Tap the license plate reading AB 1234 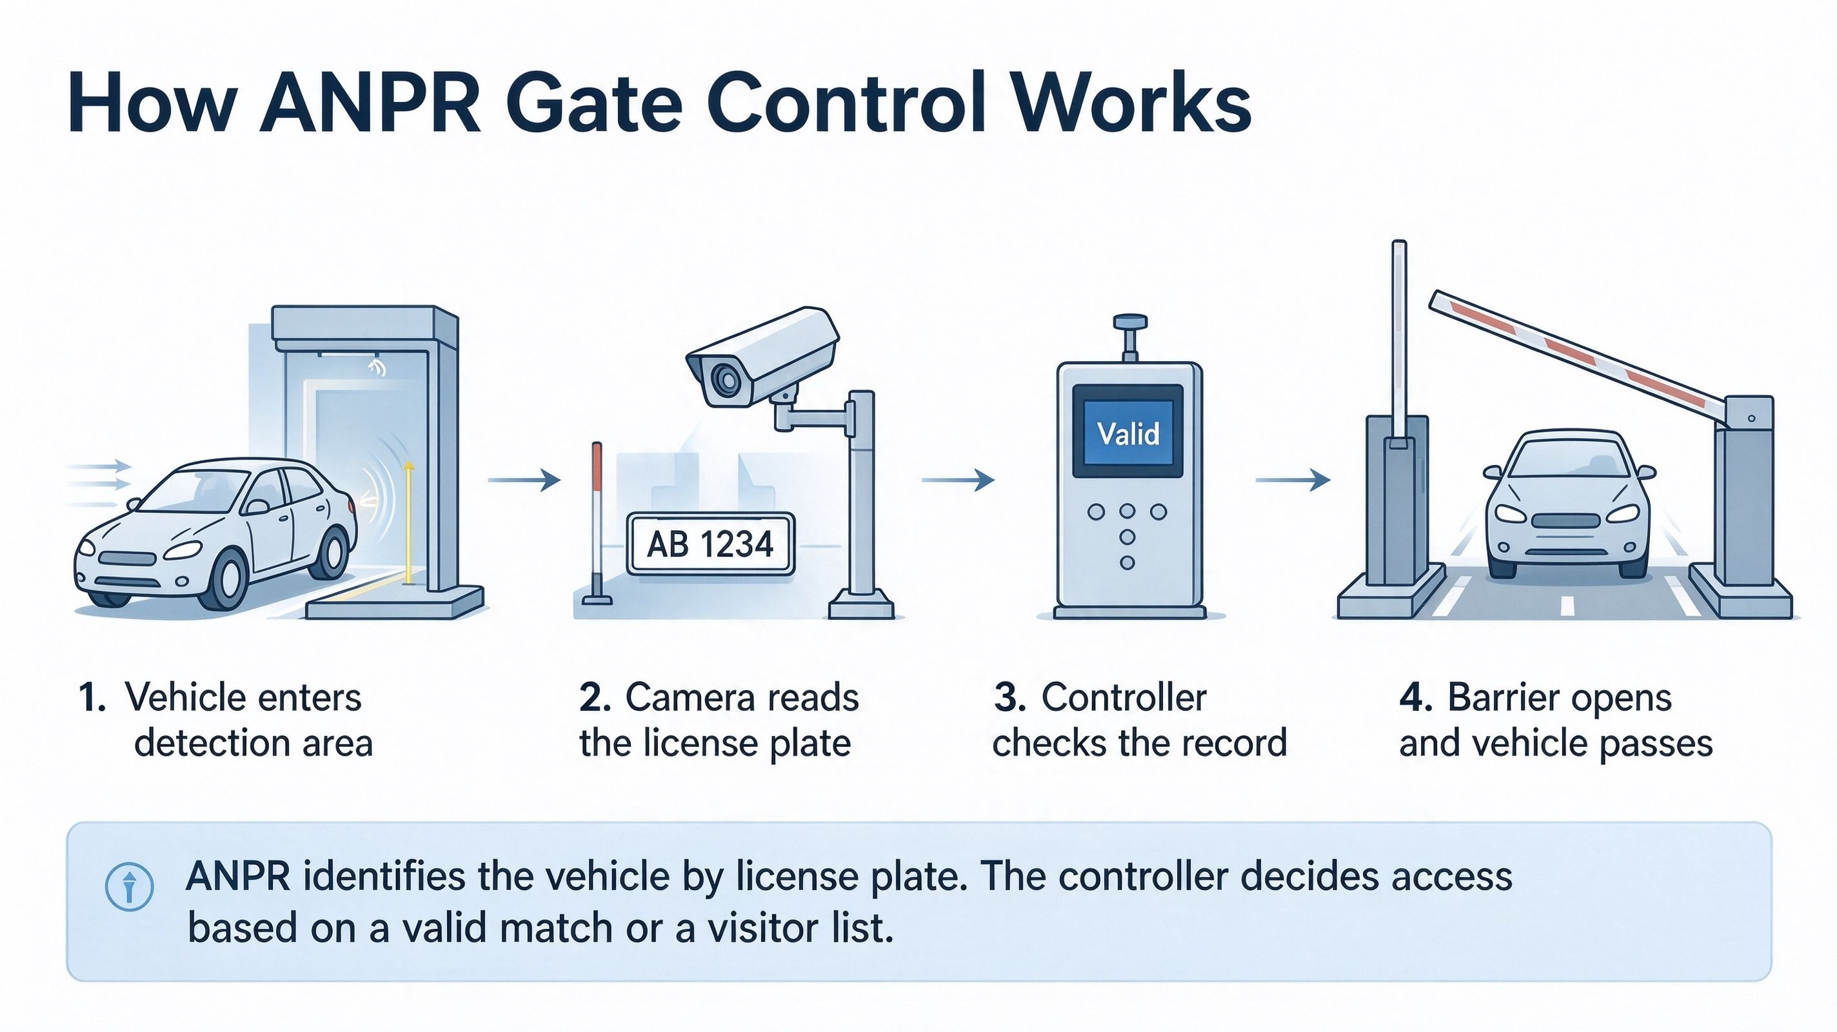tap(710, 544)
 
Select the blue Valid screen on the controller tap(1128, 433)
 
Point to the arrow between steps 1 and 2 tap(524, 480)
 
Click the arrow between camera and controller tap(958, 480)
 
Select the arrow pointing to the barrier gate tap(1293, 480)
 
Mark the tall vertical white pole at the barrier tap(1399, 339)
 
